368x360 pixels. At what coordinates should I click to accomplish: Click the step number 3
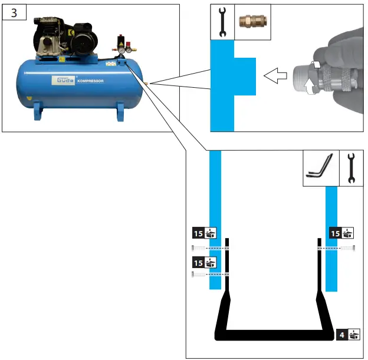[12, 13]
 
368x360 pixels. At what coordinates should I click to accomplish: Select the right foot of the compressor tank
[120, 111]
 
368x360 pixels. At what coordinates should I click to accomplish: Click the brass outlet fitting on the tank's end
[147, 84]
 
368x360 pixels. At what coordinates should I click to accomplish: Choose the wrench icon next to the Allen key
[351, 168]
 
